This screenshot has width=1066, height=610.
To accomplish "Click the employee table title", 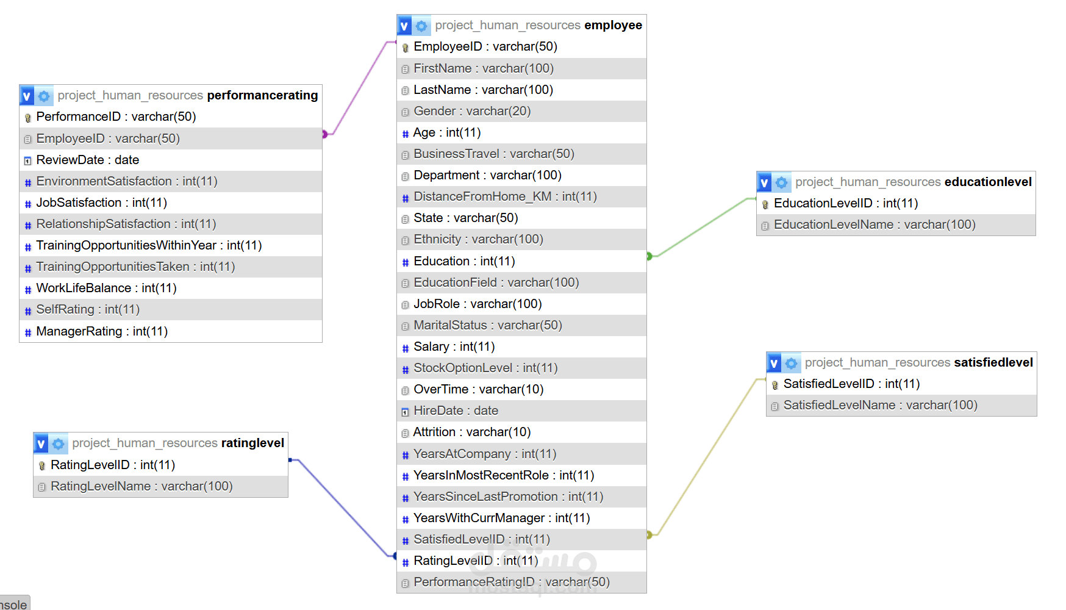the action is [x=612, y=25].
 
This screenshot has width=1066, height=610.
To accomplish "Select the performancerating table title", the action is [x=262, y=95].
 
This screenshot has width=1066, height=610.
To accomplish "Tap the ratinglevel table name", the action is [x=252, y=443].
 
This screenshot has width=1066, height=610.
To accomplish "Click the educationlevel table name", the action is [x=987, y=182].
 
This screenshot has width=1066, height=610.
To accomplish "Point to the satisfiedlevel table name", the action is [x=993, y=362].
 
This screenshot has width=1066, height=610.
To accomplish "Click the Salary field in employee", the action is [x=454, y=346].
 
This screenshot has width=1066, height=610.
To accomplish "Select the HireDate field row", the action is [x=456, y=411].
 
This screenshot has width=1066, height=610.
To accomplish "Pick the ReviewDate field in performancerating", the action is [x=87, y=160].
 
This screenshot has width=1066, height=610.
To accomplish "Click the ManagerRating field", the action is [x=101, y=331].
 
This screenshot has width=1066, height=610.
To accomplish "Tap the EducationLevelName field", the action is [x=874, y=224].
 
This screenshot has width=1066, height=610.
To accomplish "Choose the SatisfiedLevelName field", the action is [x=880, y=405].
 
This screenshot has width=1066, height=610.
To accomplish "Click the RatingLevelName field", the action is [x=141, y=486].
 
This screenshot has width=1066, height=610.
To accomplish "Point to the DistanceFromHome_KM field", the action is [x=504, y=196].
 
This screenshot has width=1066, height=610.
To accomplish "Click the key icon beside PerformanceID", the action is [x=27, y=117].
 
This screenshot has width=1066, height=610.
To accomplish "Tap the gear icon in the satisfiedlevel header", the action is [x=791, y=363].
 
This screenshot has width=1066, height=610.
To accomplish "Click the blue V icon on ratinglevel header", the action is [x=41, y=443].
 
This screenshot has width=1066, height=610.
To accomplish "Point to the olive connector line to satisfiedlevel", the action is [x=707, y=457].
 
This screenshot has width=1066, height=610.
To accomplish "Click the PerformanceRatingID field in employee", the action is [x=511, y=582].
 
